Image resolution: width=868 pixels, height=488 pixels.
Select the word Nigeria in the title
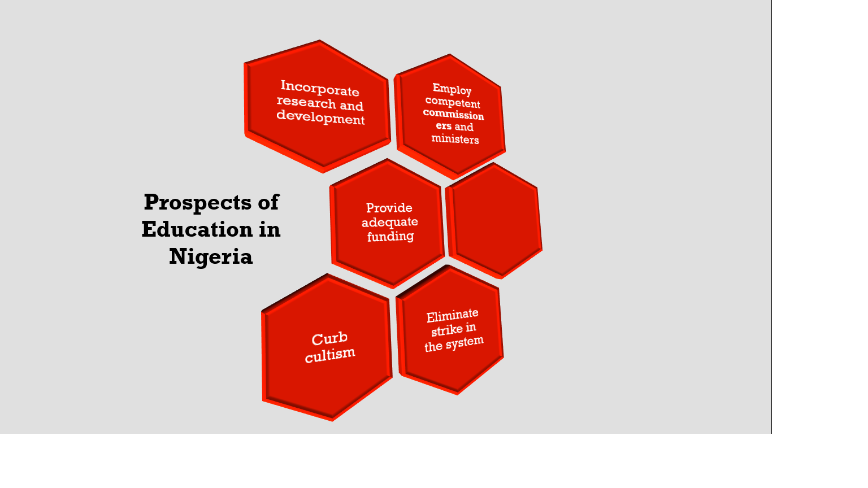click(211, 256)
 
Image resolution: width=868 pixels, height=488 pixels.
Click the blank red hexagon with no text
click(494, 220)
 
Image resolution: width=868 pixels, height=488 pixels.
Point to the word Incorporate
click(320, 88)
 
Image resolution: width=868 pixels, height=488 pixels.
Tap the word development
click(320, 117)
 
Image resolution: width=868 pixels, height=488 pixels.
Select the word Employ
click(452, 89)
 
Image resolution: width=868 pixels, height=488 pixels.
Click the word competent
click(453, 102)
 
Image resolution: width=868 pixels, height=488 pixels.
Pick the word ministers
click(455, 139)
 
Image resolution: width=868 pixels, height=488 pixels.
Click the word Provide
click(389, 208)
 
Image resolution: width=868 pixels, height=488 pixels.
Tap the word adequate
click(390, 222)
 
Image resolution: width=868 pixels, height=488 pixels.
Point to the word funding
click(390, 236)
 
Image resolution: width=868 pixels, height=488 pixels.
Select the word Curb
click(329, 339)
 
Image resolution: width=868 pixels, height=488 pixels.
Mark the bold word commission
click(454, 114)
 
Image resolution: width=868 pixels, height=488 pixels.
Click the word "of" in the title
click(268, 202)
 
